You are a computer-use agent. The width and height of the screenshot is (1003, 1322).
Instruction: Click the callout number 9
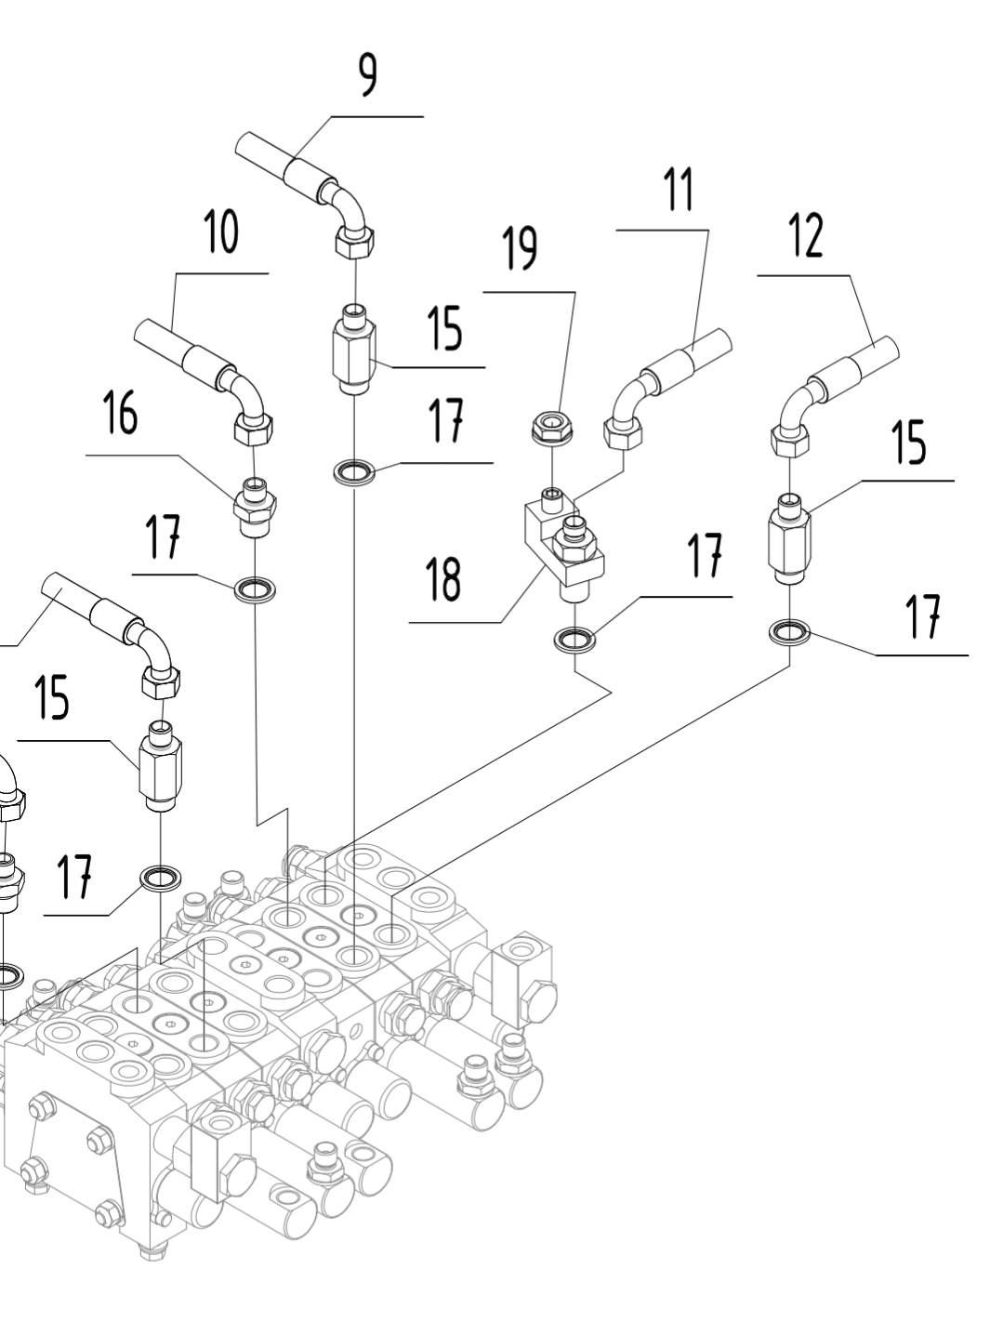369,76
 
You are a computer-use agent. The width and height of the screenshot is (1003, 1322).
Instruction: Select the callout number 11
679,191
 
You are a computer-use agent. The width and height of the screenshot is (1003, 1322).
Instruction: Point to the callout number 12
806,236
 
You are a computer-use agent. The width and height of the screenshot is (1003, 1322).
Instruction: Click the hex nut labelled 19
552,426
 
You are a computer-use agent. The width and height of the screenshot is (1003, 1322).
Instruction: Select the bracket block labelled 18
561,544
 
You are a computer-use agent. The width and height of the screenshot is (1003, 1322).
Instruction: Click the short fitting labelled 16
253,506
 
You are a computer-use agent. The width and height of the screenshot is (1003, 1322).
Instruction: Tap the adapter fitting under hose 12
789,540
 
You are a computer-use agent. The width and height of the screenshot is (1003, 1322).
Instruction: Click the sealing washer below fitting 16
254,588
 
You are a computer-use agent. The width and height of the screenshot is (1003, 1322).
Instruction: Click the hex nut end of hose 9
354,244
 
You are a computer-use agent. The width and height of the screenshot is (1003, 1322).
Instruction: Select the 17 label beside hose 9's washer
446,423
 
